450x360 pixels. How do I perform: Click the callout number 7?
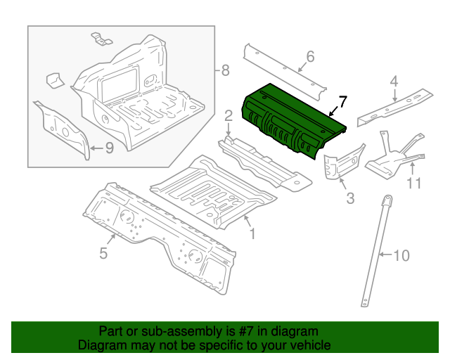click(342, 102)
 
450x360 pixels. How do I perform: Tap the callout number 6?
click(309, 57)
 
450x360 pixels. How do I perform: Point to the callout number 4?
click(394, 81)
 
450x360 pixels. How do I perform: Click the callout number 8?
click(225, 70)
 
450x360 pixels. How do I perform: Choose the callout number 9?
click(109, 148)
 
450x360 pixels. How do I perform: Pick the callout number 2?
click(229, 115)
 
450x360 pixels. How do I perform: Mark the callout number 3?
click(350, 199)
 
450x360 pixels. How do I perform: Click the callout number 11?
click(414, 184)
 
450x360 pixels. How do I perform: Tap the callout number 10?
click(400, 255)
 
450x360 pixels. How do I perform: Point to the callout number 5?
click(103, 253)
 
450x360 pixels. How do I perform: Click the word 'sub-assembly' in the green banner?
click(167, 331)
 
